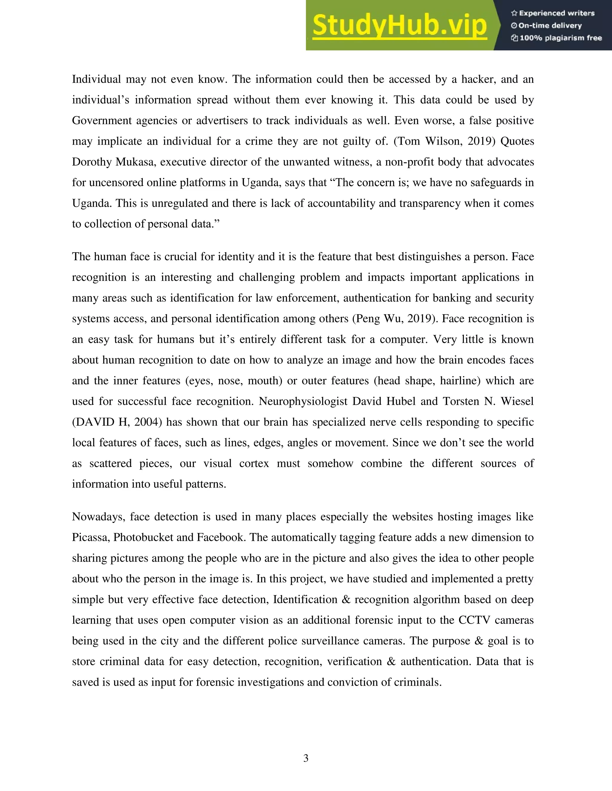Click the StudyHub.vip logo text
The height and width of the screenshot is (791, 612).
tap(399, 25)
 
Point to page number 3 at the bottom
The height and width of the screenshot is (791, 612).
tap(306, 758)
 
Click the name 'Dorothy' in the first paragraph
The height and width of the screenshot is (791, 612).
tap(92, 162)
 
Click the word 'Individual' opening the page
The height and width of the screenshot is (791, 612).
tap(97, 79)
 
